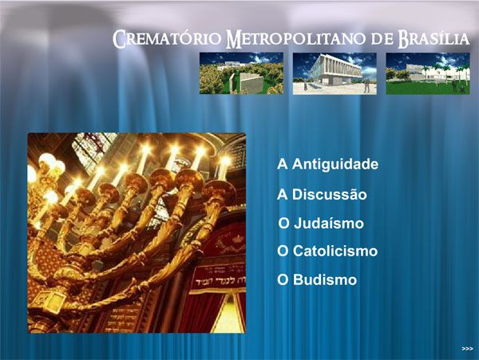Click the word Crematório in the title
[x=167, y=39]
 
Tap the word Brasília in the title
[x=433, y=39]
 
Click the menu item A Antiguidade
[x=328, y=164]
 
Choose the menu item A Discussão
[x=322, y=195]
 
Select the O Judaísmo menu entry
[x=321, y=224]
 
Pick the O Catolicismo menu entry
[x=327, y=251]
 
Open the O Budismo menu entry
[x=317, y=279]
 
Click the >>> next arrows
[x=467, y=349]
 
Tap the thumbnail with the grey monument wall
[x=241, y=73]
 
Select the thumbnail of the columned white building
[x=335, y=73]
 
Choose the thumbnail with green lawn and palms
[x=428, y=73]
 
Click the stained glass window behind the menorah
[x=92, y=149]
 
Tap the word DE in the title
[x=382, y=39]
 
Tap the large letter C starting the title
[x=119, y=39]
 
